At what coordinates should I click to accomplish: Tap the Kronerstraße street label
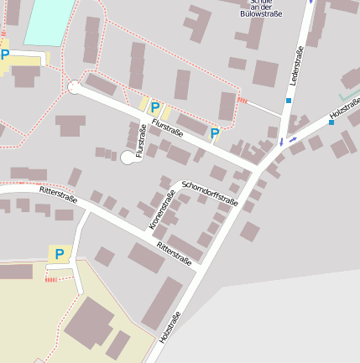pyautogui.click(x=162, y=211)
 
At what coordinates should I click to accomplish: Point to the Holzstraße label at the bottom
pyautogui.click(x=170, y=327)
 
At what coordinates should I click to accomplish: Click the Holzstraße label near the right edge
pyautogui.click(x=344, y=109)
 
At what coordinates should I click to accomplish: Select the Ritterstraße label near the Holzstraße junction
pyautogui.click(x=175, y=255)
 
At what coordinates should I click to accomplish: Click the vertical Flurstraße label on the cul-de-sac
pyautogui.click(x=140, y=141)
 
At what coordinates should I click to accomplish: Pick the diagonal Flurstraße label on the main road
pyautogui.click(x=168, y=127)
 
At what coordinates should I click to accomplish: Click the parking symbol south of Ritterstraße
pyautogui.click(x=59, y=254)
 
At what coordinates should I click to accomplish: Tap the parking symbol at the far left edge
pyautogui.click(x=5, y=55)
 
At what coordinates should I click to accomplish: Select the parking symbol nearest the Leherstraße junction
pyautogui.click(x=215, y=133)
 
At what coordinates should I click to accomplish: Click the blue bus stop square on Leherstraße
pyautogui.click(x=289, y=101)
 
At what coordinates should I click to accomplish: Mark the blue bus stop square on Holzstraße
pyautogui.click(x=331, y=122)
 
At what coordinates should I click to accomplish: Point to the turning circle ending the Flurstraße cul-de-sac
pyautogui.click(x=128, y=157)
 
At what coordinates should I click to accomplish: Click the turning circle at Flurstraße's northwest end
pyautogui.click(x=74, y=86)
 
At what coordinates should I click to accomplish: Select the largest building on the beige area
pyautogui.click(x=91, y=321)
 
